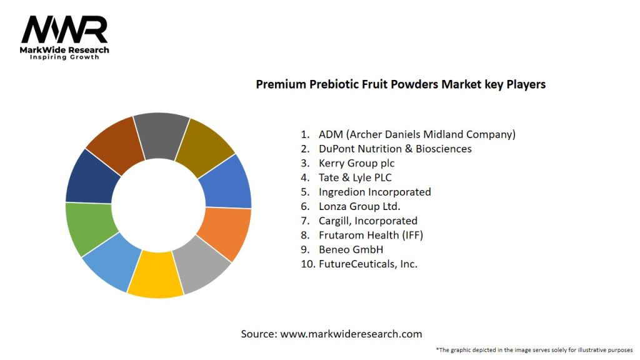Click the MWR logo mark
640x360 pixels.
[64, 29]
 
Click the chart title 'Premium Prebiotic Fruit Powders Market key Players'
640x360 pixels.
[401, 84]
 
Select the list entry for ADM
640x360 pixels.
[416, 134]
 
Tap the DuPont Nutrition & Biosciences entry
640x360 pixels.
[394, 149]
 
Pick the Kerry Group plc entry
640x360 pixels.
[356, 163]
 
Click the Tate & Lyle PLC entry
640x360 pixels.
[355, 177]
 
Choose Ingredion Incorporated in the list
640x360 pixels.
[374, 192]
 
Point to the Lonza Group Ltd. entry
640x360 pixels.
[359, 206]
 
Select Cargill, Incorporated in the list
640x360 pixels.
[367, 221]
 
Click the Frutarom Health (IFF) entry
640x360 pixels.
[371, 235]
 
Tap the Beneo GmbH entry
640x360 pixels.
[351, 249]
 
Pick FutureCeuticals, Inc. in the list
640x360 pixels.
[367, 264]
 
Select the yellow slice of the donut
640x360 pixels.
[155, 274]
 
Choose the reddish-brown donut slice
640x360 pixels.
[114, 143]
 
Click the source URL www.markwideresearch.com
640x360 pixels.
[351, 334]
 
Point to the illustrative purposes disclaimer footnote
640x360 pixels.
[534, 349]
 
